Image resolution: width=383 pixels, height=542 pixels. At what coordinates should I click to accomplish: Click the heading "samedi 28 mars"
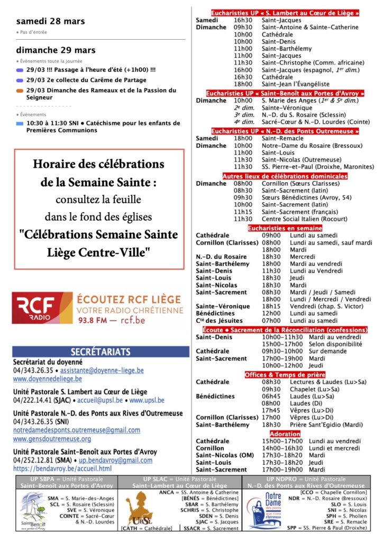tap(50, 22)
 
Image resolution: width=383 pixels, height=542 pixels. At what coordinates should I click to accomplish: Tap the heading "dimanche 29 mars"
tap(56, 50)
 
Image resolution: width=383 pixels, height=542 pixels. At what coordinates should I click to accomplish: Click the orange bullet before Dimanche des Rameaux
tap(20, 91)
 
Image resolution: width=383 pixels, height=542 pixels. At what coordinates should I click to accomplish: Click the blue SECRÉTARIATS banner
tap(101, 352)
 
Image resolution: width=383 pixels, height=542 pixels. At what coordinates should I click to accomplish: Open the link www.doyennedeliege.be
tap(47, 379)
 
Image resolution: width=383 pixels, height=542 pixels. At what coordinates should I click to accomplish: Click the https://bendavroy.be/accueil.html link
tap(62, 468)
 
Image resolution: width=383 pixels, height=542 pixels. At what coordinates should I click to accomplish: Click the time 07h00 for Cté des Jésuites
tap(271, 320)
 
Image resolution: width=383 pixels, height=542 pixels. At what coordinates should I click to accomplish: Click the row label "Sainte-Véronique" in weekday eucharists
tap(223, 306)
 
